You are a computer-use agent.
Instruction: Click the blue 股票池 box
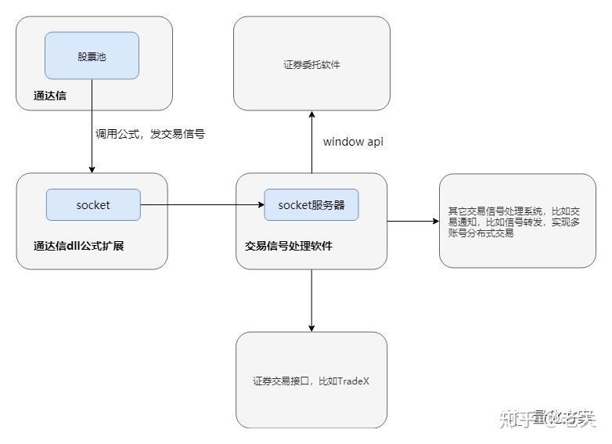[x=92, y=56]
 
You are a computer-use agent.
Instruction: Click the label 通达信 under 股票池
[x=49, y=97]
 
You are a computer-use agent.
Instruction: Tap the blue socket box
[x=93, y=205]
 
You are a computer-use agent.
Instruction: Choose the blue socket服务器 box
[x=311, y=205]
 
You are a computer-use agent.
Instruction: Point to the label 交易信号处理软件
[x=287, y=246]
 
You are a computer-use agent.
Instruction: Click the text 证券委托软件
[x=311, y=65]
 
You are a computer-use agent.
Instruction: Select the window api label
[x=353, y=143]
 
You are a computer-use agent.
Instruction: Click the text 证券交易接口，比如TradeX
[x=311, y=381]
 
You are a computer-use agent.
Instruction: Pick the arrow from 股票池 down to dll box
[x=92, y=125]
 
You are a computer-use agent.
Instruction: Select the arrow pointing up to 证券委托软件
[x=311, y=141]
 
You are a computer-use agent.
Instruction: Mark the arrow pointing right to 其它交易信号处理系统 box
[x=412, y=222]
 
